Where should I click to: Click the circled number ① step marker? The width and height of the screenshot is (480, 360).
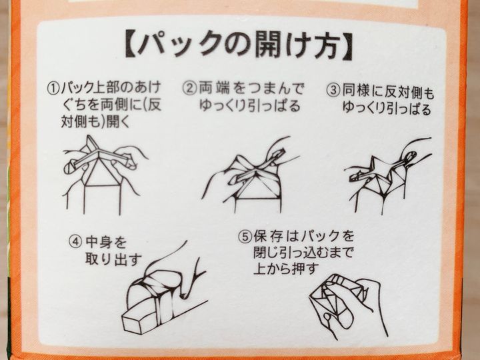coord(53,89)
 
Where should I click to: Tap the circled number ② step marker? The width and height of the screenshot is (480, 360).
coord(189,89)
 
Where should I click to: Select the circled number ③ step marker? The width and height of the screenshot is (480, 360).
coord(333,91)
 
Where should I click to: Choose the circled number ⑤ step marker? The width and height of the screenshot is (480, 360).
coord(245,236)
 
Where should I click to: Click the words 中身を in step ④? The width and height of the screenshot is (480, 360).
coord(106,243)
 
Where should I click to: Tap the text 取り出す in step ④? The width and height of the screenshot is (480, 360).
coord(113,260)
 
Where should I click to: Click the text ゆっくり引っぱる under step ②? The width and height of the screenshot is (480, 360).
coord(249,105)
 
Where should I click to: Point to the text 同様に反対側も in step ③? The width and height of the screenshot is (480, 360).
coord(388,91)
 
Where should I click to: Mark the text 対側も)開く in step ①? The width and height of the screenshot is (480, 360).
coord(95,122)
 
